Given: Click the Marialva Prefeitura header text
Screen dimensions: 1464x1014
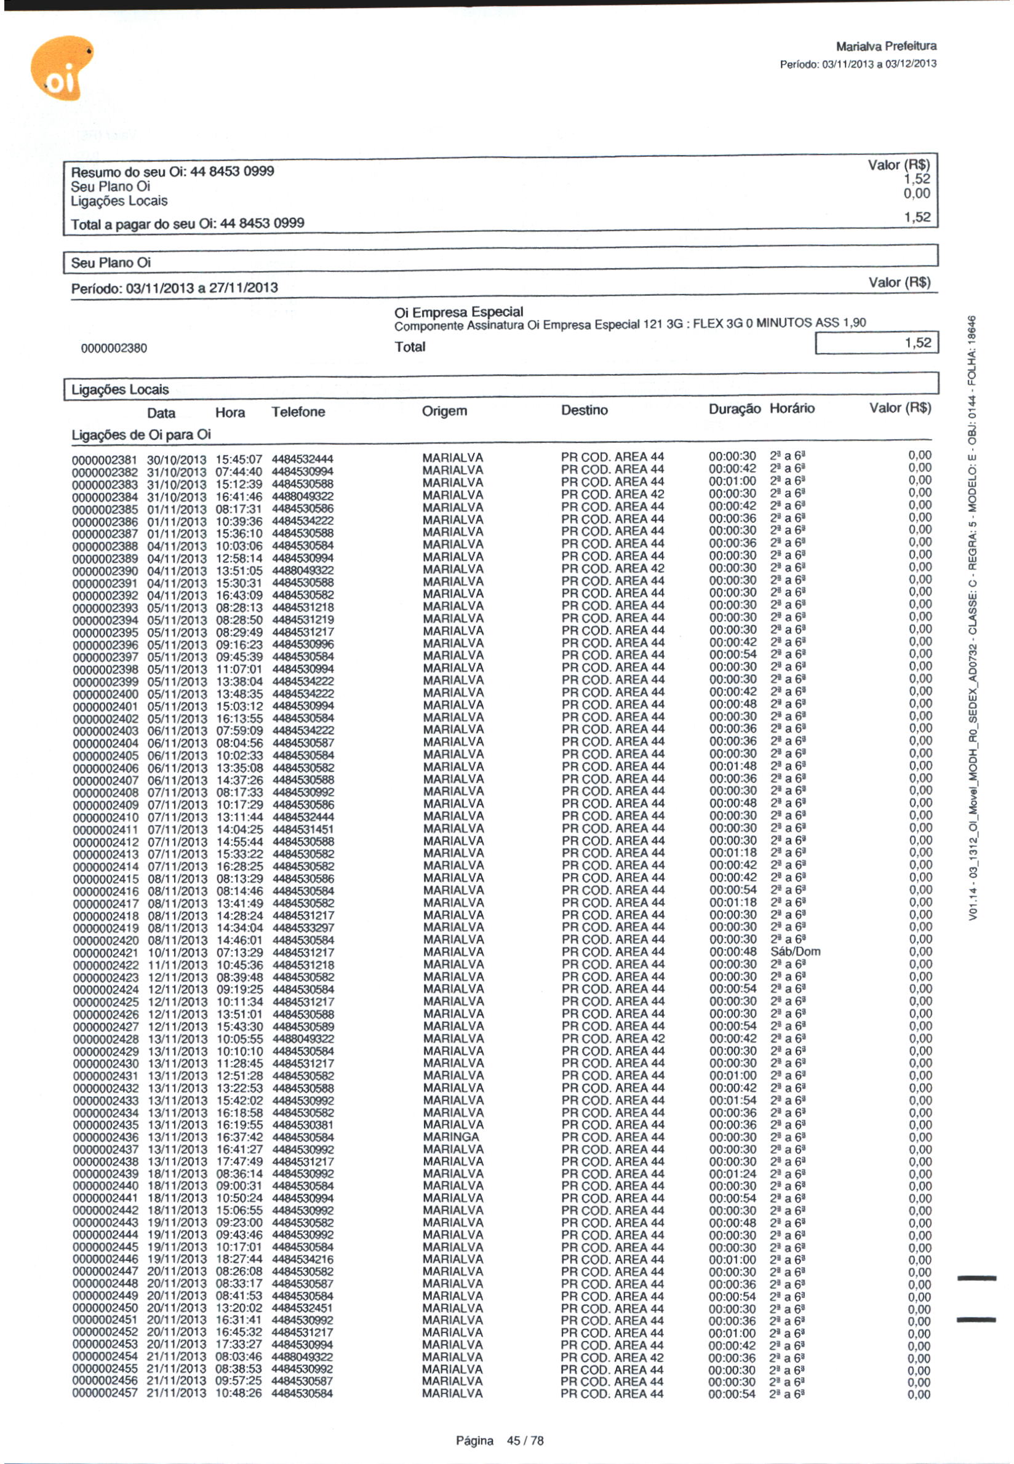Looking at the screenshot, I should click(885, 46).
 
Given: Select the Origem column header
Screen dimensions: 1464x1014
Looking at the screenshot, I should click(444, 411).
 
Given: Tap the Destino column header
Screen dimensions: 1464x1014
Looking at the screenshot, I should click(584, 410).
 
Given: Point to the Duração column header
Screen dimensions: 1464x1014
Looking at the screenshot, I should click(734, 409).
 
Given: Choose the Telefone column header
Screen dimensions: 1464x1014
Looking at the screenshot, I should click(298, 412).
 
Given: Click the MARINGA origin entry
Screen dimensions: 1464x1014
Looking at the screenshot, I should click(450, 1137).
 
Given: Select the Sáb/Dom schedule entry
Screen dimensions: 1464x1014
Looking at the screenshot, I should click(795, 952).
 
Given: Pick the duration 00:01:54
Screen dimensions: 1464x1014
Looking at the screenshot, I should click(733, 1100).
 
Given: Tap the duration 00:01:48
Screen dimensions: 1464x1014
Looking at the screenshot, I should click(733, 766).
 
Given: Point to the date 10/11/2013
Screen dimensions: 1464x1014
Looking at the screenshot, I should click(177, 953).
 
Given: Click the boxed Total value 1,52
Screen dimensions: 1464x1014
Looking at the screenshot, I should click(876, 344).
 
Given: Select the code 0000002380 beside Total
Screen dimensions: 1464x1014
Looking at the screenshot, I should click(114, 348).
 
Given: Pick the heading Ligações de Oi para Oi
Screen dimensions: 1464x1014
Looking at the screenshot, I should click(140, 435).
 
